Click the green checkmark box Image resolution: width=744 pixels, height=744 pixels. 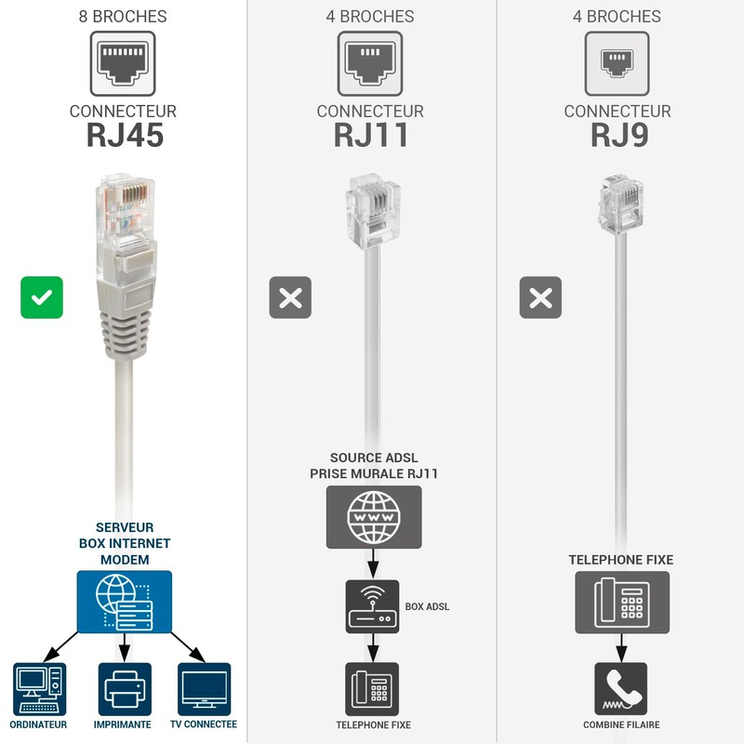(42, 298)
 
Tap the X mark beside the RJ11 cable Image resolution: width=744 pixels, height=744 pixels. (290, 298)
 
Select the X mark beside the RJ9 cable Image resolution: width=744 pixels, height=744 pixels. (540, 298)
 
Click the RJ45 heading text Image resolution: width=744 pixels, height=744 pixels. (125, 136)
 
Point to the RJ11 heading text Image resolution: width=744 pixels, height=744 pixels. (371, 136)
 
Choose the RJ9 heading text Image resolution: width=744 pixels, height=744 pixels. (618, 136)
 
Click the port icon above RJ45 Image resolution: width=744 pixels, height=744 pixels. (123, 63)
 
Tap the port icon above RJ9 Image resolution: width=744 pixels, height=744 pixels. (617, 63)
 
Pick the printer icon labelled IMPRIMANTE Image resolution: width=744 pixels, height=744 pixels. (124, 689)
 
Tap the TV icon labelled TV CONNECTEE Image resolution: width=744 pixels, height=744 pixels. (204, 689)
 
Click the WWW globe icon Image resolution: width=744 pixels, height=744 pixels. (373, 516)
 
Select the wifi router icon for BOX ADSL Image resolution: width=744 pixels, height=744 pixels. (372, 606)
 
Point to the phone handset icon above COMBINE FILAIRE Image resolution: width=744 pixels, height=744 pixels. (620, 689)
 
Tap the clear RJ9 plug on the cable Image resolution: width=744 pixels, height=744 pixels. (619, 202)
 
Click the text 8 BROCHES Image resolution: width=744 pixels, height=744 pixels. (124, 17)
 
